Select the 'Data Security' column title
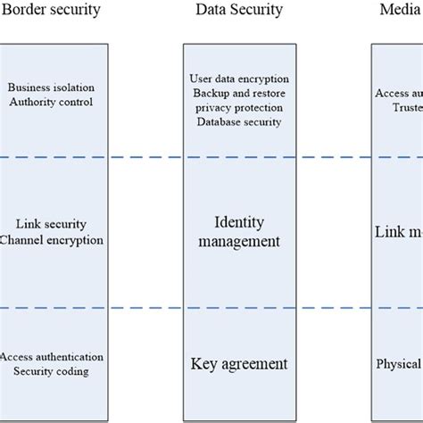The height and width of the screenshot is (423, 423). [x=238, y=11]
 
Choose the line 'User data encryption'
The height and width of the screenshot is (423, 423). [x=238, y=79]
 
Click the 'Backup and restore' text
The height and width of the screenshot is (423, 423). [x=238, y=94]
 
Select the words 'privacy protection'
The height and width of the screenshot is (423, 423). [x=238, y=108]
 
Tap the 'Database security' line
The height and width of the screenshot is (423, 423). [x=238, y=122]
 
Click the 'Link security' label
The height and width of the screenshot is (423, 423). [x=51, y=225]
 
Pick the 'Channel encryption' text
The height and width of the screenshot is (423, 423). [x=53, y=240]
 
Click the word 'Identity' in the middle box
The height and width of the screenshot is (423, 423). [x=238, y=222]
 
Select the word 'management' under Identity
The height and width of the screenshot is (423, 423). [x=238, y=241]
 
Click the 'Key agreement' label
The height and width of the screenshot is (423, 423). [x=238, y=364]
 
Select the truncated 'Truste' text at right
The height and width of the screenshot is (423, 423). [x=407, y=106]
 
